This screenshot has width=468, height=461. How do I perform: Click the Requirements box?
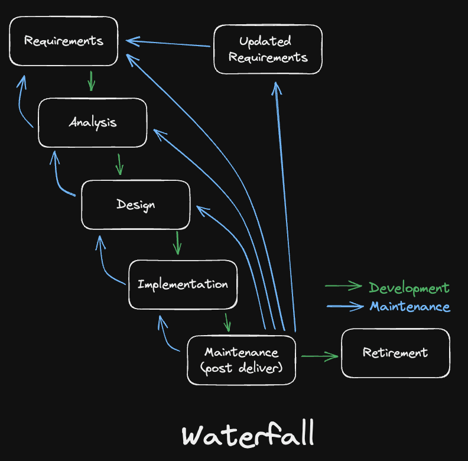64,41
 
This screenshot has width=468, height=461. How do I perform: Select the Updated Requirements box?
268,49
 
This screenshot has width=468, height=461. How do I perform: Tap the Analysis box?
92,122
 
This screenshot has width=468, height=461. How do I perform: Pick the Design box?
135,204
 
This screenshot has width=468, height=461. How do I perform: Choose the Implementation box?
183,284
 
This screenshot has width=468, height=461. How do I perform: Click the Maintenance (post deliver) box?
241,360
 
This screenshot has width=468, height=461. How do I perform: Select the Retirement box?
395,353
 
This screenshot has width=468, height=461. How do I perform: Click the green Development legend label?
409,288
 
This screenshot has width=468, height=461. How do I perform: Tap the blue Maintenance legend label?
409,307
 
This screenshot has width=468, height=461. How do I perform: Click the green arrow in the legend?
343,287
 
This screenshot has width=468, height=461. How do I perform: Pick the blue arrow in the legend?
344,306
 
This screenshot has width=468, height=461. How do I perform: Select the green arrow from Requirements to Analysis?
90,81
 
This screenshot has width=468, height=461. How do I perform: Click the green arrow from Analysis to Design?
119,164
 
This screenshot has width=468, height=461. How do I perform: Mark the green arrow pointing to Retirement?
319,356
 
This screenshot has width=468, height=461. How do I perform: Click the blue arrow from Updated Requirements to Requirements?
168,43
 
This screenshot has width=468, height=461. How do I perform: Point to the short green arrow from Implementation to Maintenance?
226,323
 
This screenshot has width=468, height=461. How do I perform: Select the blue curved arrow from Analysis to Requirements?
23,102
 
